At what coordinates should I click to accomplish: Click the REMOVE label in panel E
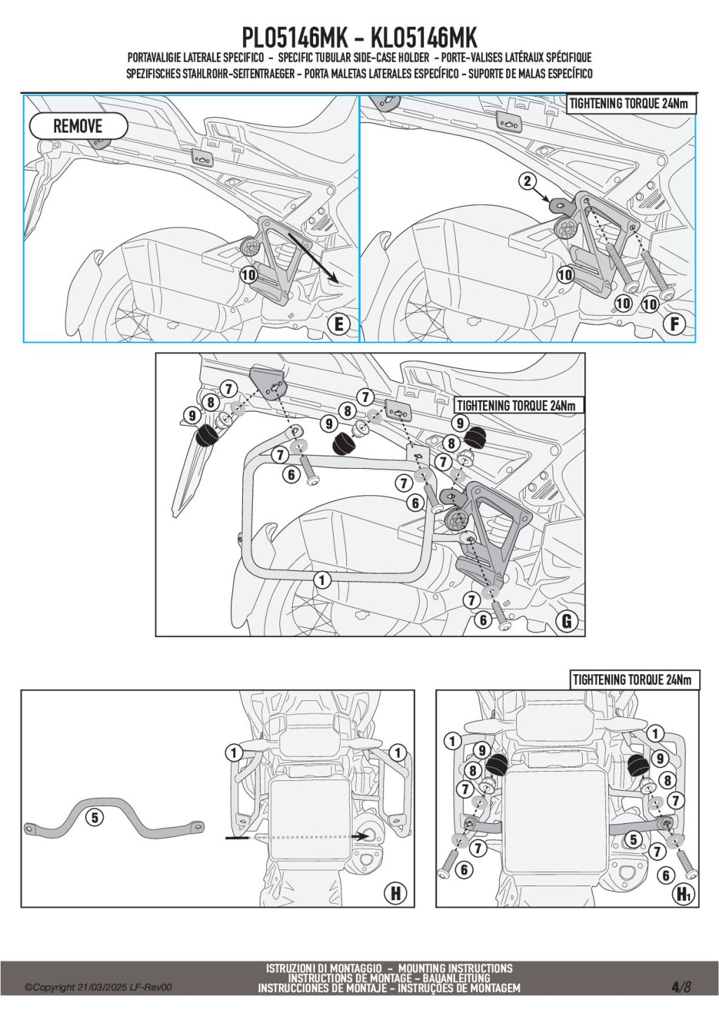pyautogui.click(x=78, y=126)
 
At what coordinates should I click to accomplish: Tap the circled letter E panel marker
pyautogui.click(x=339, y=324)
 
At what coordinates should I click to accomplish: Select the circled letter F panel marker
pyautogui.click(x=675, y=324)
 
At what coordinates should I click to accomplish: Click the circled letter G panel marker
pyautogui.click(x=566, y=620)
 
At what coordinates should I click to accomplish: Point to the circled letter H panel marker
pyautogui.click(x=395, y=893)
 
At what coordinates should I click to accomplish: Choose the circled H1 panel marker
pyautogui.click(x=683, y=894)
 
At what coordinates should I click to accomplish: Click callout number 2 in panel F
pyautogui.click(x=527, y=182)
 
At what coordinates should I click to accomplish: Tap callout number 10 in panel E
pyautogui.click(x=249, y=275)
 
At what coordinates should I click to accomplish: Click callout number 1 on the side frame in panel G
pyautogui.click(x=322, y=580)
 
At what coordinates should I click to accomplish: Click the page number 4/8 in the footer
pyautogui.click(x=681, y=987)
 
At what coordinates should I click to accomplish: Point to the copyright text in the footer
pyautogui.click(x=98, y=987)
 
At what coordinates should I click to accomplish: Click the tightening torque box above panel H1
pyautogui.click(x=632, y=679)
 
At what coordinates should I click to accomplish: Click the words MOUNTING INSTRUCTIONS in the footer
pyautogui.click(x=455, y=968)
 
